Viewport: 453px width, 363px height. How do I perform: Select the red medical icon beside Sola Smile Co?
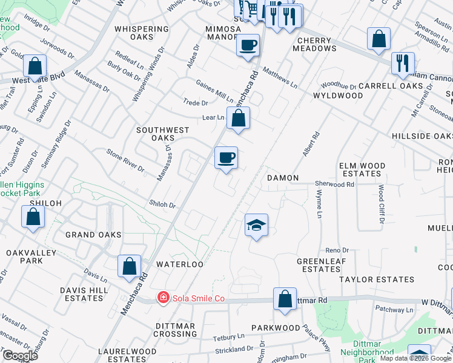(x=163, y=298)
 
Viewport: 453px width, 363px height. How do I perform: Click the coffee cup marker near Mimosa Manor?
(x=248, y=45)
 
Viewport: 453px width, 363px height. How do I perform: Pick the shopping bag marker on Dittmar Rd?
(x=284, y=299)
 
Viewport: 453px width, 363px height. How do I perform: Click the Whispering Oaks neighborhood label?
(x=141, y=33)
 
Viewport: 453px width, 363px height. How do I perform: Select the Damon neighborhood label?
(x=283, y=178)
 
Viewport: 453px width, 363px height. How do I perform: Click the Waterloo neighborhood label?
(x=179, y=264)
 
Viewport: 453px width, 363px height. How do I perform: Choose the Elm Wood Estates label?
(x=362, y=169)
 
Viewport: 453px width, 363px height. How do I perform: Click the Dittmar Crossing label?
(x=174, y=330)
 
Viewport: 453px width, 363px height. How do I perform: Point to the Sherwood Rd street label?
(x=334, y=184)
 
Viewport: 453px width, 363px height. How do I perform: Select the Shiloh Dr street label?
(x=163, y=204)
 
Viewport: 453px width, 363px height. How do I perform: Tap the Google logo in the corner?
(x=19, y=356)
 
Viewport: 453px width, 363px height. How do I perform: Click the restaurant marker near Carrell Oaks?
(x=403, y=63)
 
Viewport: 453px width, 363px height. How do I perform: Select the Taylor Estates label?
(x=377, y=280)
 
